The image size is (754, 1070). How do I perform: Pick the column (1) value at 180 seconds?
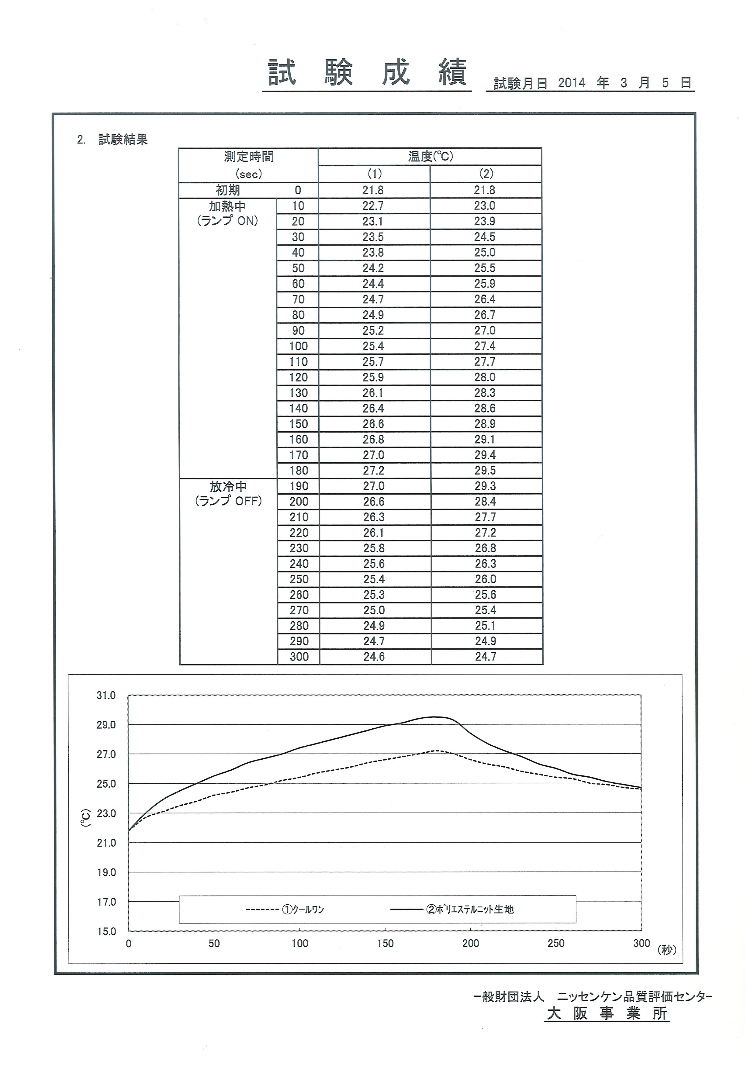pyautogui.click(x=374, y=471)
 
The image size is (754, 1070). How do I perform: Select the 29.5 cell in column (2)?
pyautogui.click(x=485, y=471)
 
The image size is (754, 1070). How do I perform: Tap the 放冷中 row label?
pyautogui.click(x=228, y=487)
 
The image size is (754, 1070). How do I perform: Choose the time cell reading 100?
pyautogui.click(x=298, y=346)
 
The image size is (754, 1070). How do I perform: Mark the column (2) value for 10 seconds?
pyautogui.click(x=485, y=206)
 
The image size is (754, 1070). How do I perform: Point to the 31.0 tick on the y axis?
pyautogui.click(x=106, y=696)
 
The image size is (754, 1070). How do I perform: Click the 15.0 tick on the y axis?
pyautogui.click(x=106, y=932)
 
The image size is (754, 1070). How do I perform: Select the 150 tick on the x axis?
pyautogui.click(x=386, y=944)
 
